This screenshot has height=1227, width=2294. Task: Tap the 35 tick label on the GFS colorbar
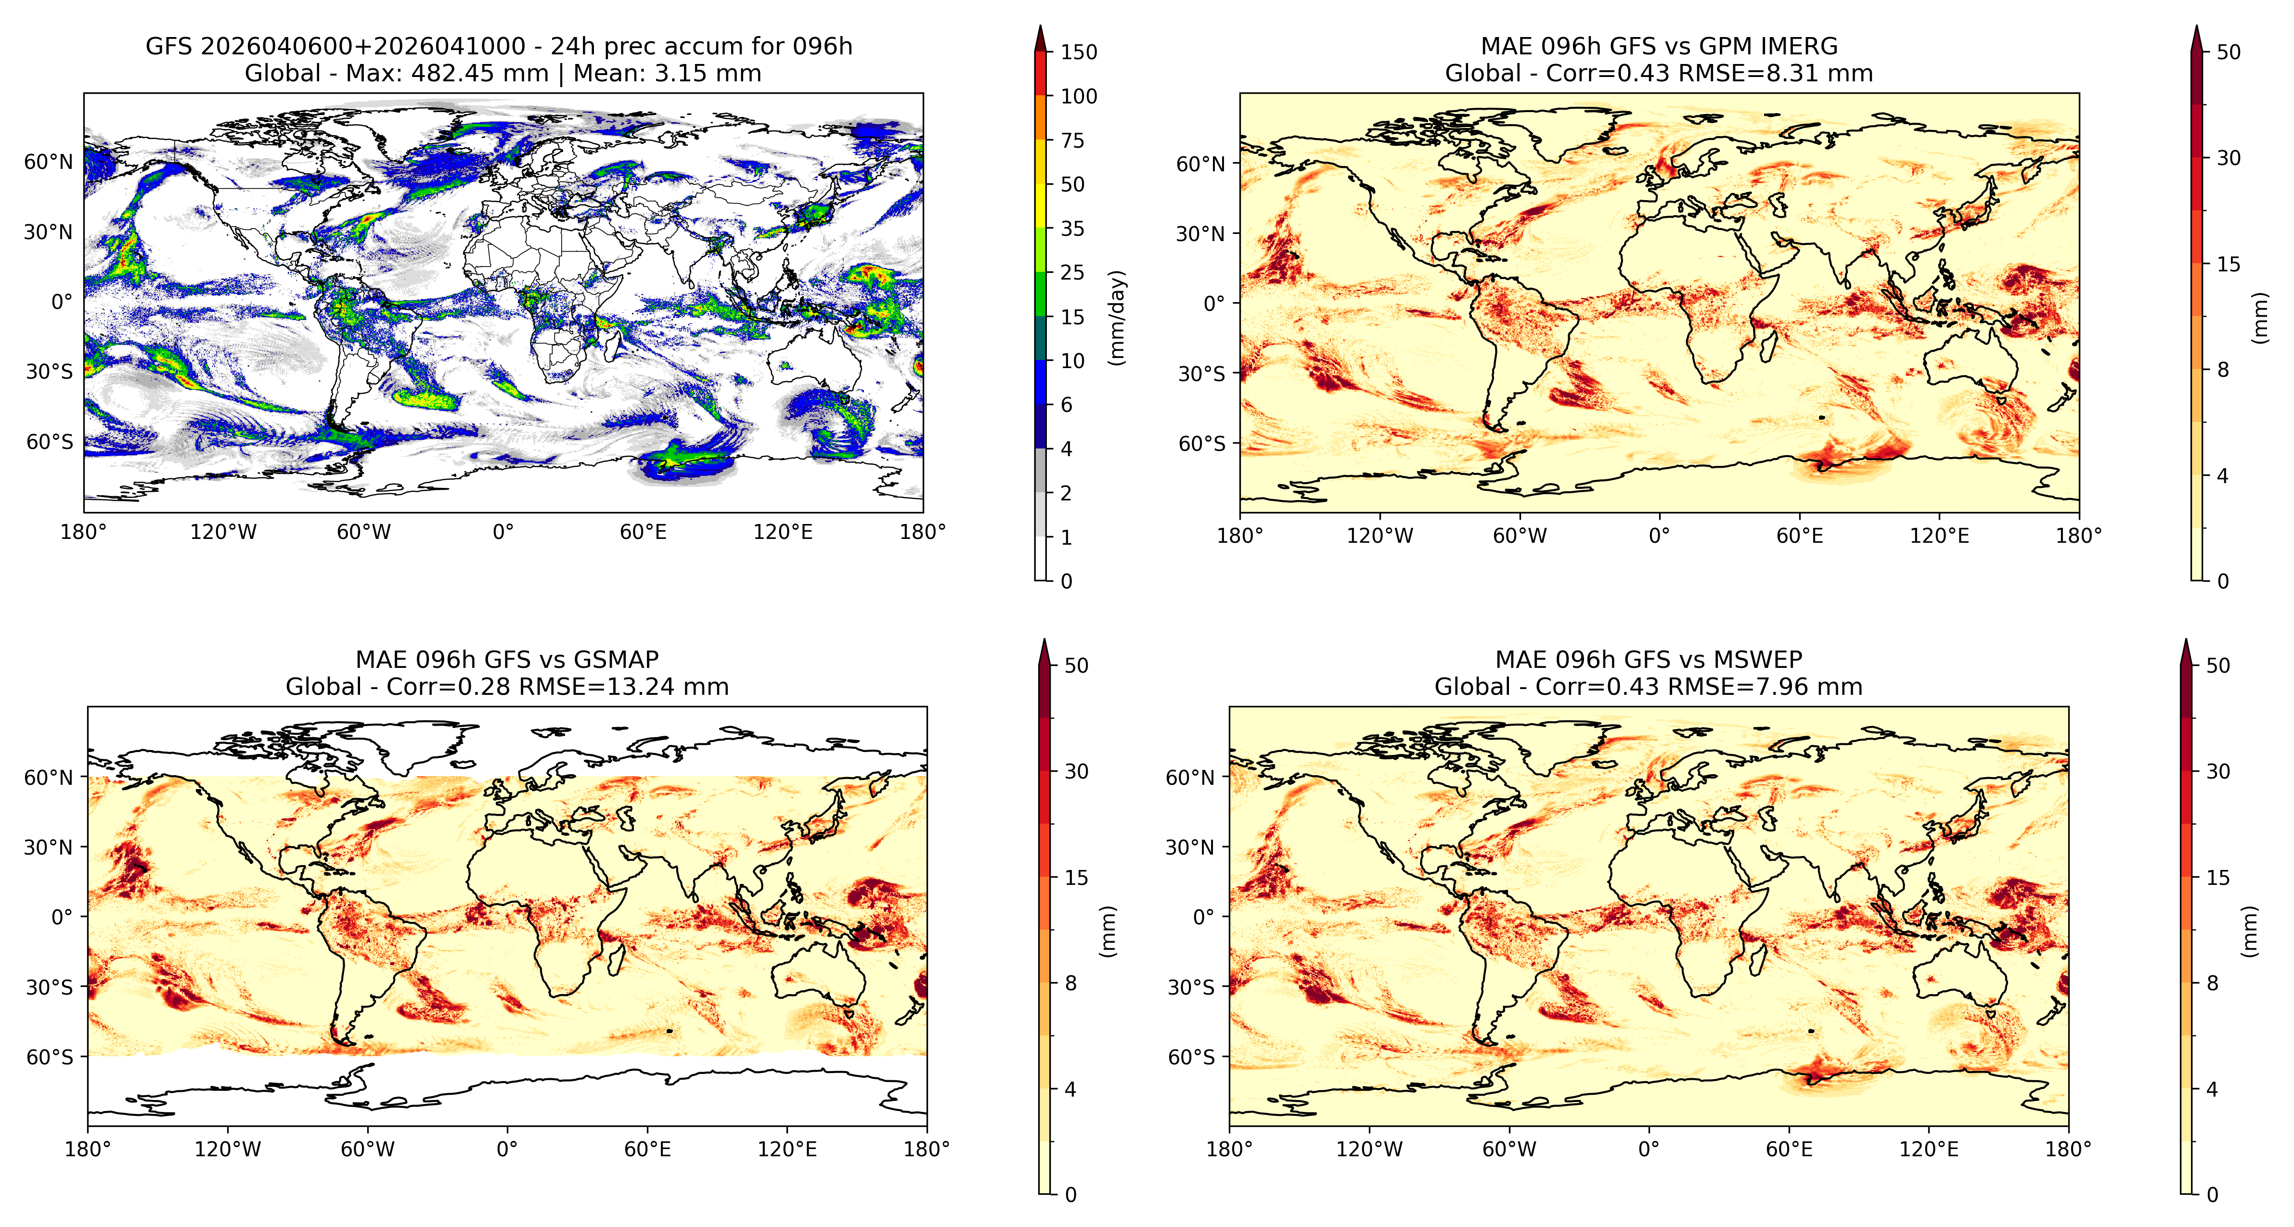pos(1072,229)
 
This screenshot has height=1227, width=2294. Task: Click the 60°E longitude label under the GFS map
pos(643,533)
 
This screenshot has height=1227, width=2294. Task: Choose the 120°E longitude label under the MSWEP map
pos(1929,1150)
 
